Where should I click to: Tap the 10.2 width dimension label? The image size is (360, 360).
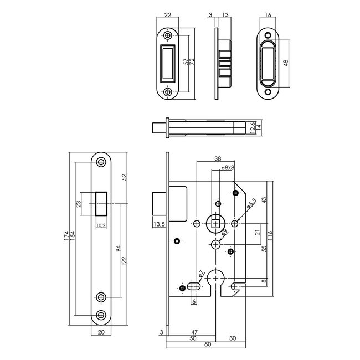101,225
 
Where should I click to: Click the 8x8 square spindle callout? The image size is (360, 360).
227,167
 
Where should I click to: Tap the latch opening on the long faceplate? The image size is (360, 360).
101,204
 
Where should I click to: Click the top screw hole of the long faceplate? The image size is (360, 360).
100,162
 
